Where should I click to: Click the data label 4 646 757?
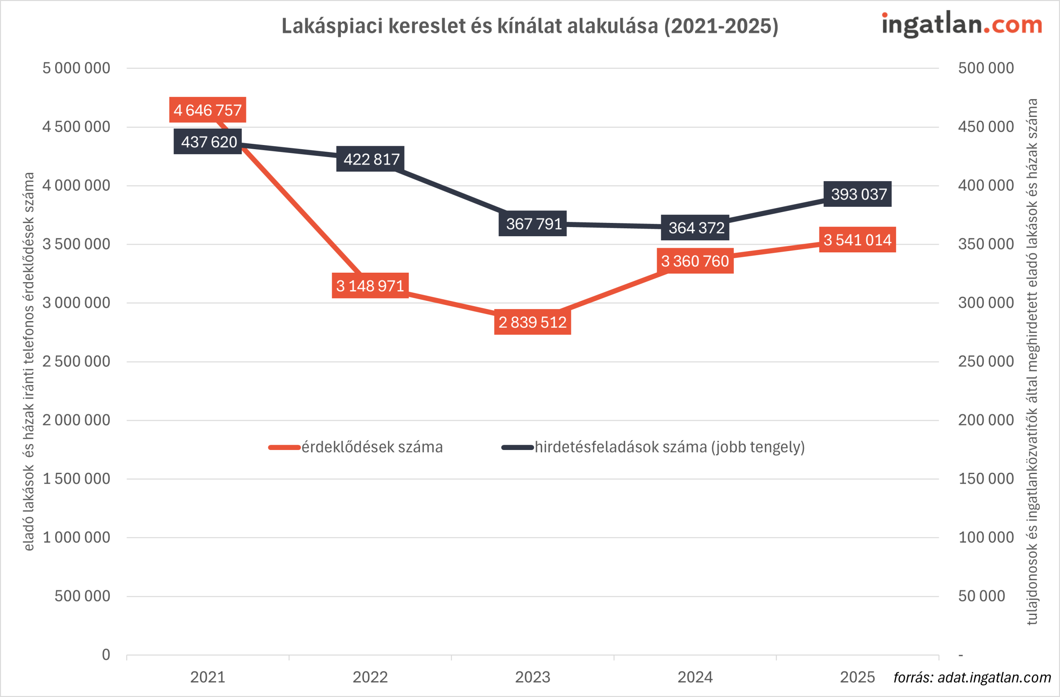[207, 110]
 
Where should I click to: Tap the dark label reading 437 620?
[207, 142]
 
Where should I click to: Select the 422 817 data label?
[371, 159]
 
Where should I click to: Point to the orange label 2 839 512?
[532, 322]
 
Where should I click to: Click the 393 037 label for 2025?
[858, 194]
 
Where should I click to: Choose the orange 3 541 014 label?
[858, 240]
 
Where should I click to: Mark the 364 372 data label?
[695, 228]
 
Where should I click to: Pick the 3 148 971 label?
[371, 286]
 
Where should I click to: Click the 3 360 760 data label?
[695, 261]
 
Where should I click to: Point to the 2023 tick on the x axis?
[532, 678]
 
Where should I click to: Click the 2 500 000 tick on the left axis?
[76, 361]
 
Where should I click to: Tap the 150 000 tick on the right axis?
[986, 479]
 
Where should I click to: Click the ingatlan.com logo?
[962, 24]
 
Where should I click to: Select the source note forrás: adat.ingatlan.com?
[972, 678]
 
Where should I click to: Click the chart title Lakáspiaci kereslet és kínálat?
[530, 26]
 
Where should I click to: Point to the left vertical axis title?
[29, 361]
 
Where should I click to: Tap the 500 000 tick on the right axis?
[986, 68]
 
